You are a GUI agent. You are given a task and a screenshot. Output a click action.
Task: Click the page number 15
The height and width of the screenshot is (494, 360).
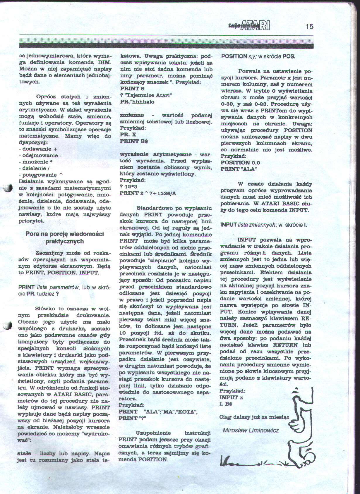309,26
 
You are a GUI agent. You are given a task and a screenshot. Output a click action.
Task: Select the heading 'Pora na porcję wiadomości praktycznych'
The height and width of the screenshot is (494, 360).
65,238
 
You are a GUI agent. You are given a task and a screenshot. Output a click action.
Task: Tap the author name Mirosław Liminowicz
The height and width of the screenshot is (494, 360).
251,430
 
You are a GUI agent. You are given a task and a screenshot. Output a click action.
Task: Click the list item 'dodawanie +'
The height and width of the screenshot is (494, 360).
38,149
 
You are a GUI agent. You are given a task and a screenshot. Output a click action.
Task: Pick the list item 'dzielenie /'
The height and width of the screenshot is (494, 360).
34,168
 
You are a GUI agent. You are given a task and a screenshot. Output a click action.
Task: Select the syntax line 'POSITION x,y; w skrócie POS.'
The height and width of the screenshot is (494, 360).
258,56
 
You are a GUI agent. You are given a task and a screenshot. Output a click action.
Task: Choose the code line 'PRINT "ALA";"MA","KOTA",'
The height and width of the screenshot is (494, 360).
158,412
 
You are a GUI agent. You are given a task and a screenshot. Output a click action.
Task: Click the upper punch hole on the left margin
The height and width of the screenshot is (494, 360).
8,188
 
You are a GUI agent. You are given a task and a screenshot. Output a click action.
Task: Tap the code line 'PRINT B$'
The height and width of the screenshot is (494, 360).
134,141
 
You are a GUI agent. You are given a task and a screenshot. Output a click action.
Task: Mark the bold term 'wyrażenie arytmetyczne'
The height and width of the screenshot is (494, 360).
156,154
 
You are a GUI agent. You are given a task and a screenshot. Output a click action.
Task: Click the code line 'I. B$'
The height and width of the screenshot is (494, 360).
226,404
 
